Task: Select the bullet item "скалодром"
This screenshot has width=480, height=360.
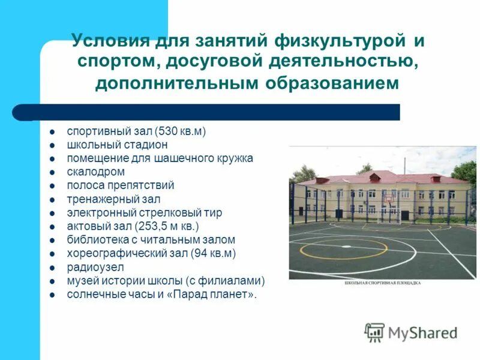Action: click(95, 172)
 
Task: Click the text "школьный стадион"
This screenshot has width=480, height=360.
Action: click(117, 145)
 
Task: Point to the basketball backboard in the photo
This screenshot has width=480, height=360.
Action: click(391, 197)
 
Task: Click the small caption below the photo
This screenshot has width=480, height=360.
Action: click(382, 282)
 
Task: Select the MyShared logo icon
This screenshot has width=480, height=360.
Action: click(374, 332)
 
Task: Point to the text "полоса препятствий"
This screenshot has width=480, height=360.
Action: click(120, 186)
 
